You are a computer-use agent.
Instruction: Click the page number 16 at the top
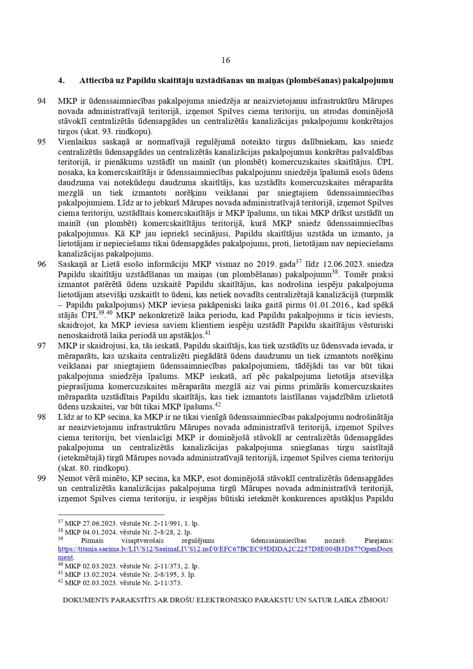(226, 60)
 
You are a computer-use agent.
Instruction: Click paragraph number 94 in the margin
(41, 101)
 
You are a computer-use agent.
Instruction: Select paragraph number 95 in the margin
(41, 142)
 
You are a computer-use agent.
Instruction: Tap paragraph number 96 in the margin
(41, 264)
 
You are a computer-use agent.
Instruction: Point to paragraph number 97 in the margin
(41, 346)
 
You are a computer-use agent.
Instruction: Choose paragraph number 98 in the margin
(41, 417)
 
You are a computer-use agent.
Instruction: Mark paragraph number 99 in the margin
(41, 479)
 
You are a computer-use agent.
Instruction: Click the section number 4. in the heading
(61, 80)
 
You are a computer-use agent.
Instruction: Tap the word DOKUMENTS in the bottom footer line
(86, 600)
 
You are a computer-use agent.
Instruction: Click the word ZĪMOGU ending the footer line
(373, 600)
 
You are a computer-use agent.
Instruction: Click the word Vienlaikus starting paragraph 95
(76, 142)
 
